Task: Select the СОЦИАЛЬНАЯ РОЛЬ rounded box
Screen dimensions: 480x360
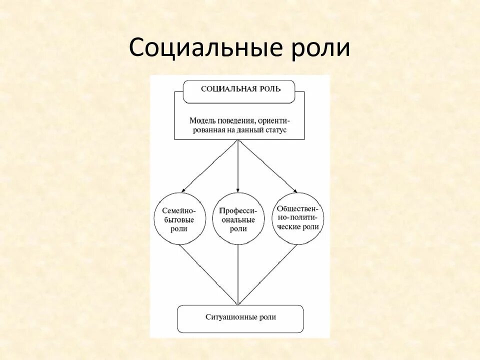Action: pos(239,89)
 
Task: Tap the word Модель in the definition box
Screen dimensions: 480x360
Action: pos(202,120)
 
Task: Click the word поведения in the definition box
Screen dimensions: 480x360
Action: pos(235,120)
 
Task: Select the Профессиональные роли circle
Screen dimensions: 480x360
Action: pos(238,219)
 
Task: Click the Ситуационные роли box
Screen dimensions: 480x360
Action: pos(240,318)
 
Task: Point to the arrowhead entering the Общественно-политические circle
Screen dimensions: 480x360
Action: pos(294,190)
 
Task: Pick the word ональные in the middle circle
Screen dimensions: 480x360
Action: pos(238,219)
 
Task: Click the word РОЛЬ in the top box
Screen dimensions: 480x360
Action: pos(269,89)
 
